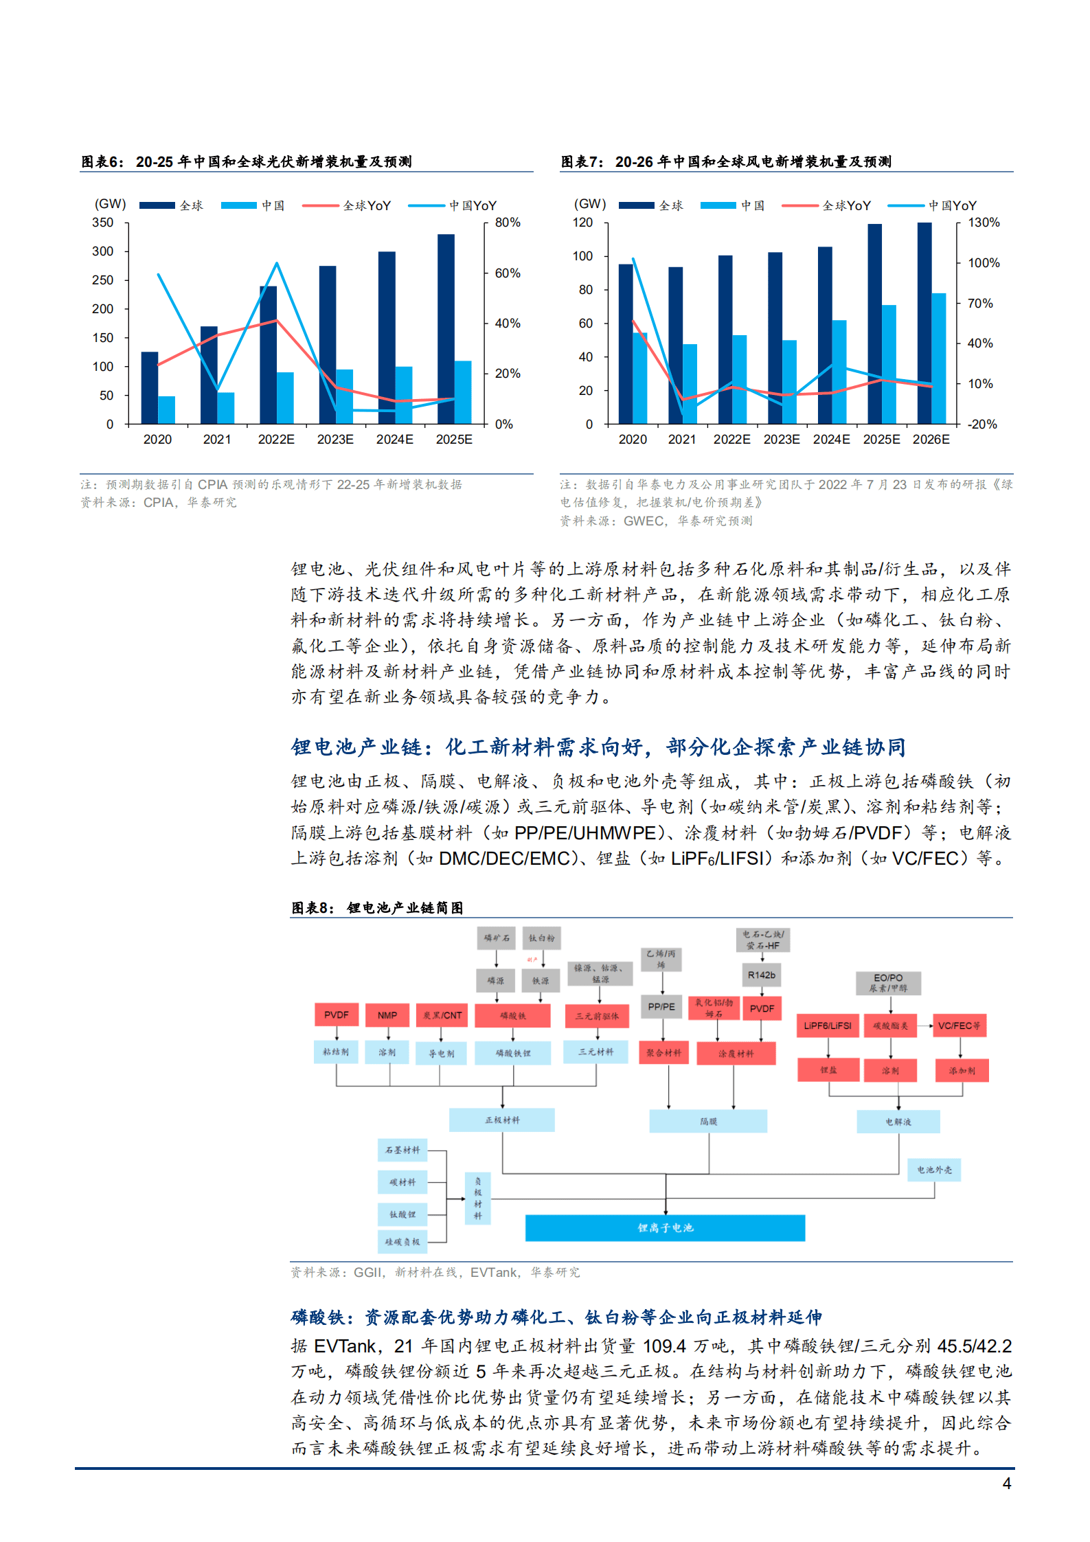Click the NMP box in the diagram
(387, 1015)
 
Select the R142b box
(761, 975)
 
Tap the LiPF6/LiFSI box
(828, 1025)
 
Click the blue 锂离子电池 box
(665, 1227)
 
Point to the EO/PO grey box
(888, 983)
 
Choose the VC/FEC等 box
(960, 1025)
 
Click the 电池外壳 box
(934, 1170)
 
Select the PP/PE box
(661, 1007)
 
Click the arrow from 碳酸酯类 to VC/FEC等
(925, 1025)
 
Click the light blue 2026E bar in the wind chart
(938, 358)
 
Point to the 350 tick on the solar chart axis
(103, 223)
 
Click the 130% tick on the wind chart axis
(984, 223)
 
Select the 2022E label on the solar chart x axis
(276, 440)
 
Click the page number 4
(1006, 1484)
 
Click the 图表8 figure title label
(313, 908)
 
